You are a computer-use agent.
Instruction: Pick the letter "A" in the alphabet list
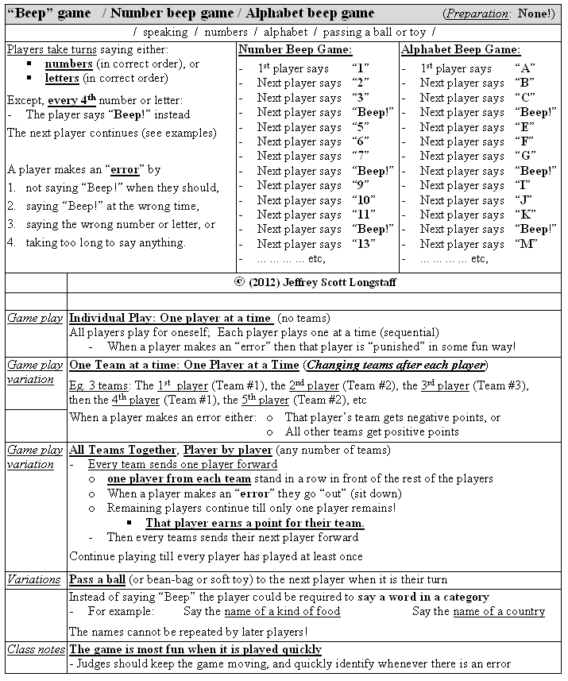(524, 68)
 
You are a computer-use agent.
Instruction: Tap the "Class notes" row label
(36, 649)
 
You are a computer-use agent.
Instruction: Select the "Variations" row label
(34, 579)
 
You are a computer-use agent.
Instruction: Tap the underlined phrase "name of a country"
(499, 611)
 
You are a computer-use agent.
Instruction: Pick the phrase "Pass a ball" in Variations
(99, 579)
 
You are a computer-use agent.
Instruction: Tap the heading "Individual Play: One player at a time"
(170, 318)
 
